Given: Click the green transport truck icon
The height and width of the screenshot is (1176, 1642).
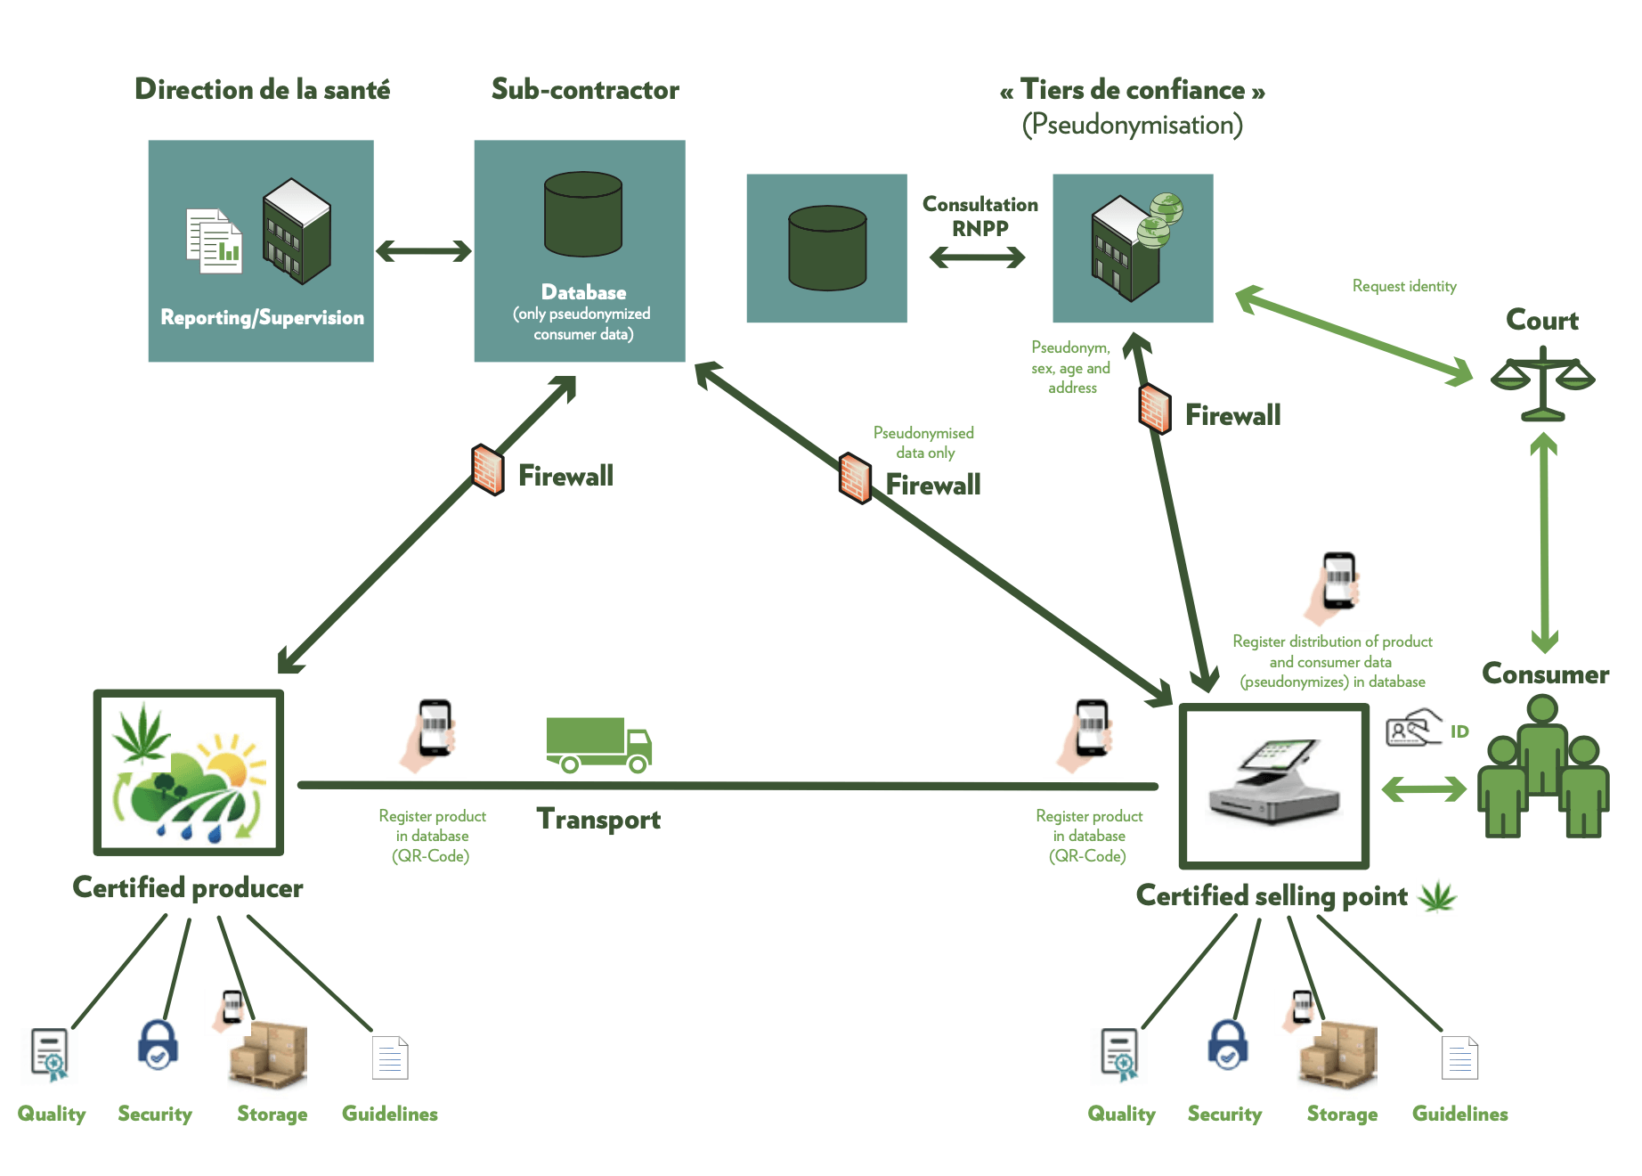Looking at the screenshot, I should pyautogui.click(x=598, y=744).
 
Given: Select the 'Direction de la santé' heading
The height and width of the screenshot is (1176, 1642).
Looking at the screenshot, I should pyautogui.click(x=262, y=89).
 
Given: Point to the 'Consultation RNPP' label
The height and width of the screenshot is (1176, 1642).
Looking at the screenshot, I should pyautogui.click(x=980, y=216).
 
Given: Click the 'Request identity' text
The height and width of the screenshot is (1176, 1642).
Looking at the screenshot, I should pyautogui.click(x=1404, y=286).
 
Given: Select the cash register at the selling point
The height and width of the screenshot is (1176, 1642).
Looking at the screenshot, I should pyautogui.click(x=1274, y=784).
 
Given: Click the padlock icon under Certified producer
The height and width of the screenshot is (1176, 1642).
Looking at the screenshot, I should pyautogui.click(x=158, y=1044).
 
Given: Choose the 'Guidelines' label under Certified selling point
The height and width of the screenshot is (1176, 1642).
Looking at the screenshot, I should pyautogui.click(x=1459, y=1114).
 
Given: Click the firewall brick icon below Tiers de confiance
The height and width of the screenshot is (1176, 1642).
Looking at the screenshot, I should pyautogui.click(x=1155, y=409).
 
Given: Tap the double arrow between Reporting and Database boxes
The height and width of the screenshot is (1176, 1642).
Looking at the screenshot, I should pyautogui.click(x=424, y=251).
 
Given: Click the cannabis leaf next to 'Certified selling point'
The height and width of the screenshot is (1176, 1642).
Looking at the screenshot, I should pyautogui.click(x=1437, y=896).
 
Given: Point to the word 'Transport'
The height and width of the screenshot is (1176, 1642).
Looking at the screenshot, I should pyautogui.click(x=598, y=819).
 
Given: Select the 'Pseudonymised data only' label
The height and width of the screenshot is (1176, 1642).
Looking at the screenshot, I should pyautogui.click(x=923, y=443).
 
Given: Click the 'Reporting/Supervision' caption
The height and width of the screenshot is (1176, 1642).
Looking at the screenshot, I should pyautogui.click(x=262, y=317).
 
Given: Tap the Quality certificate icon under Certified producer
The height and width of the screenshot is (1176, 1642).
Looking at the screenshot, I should pyautogui.click(x=50, y=1054).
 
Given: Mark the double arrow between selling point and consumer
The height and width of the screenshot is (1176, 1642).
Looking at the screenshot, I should pyautogui.click(x=1423, y=788).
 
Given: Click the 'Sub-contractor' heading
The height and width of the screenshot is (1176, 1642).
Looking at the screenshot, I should pyautogui.click(x=585, y=89).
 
